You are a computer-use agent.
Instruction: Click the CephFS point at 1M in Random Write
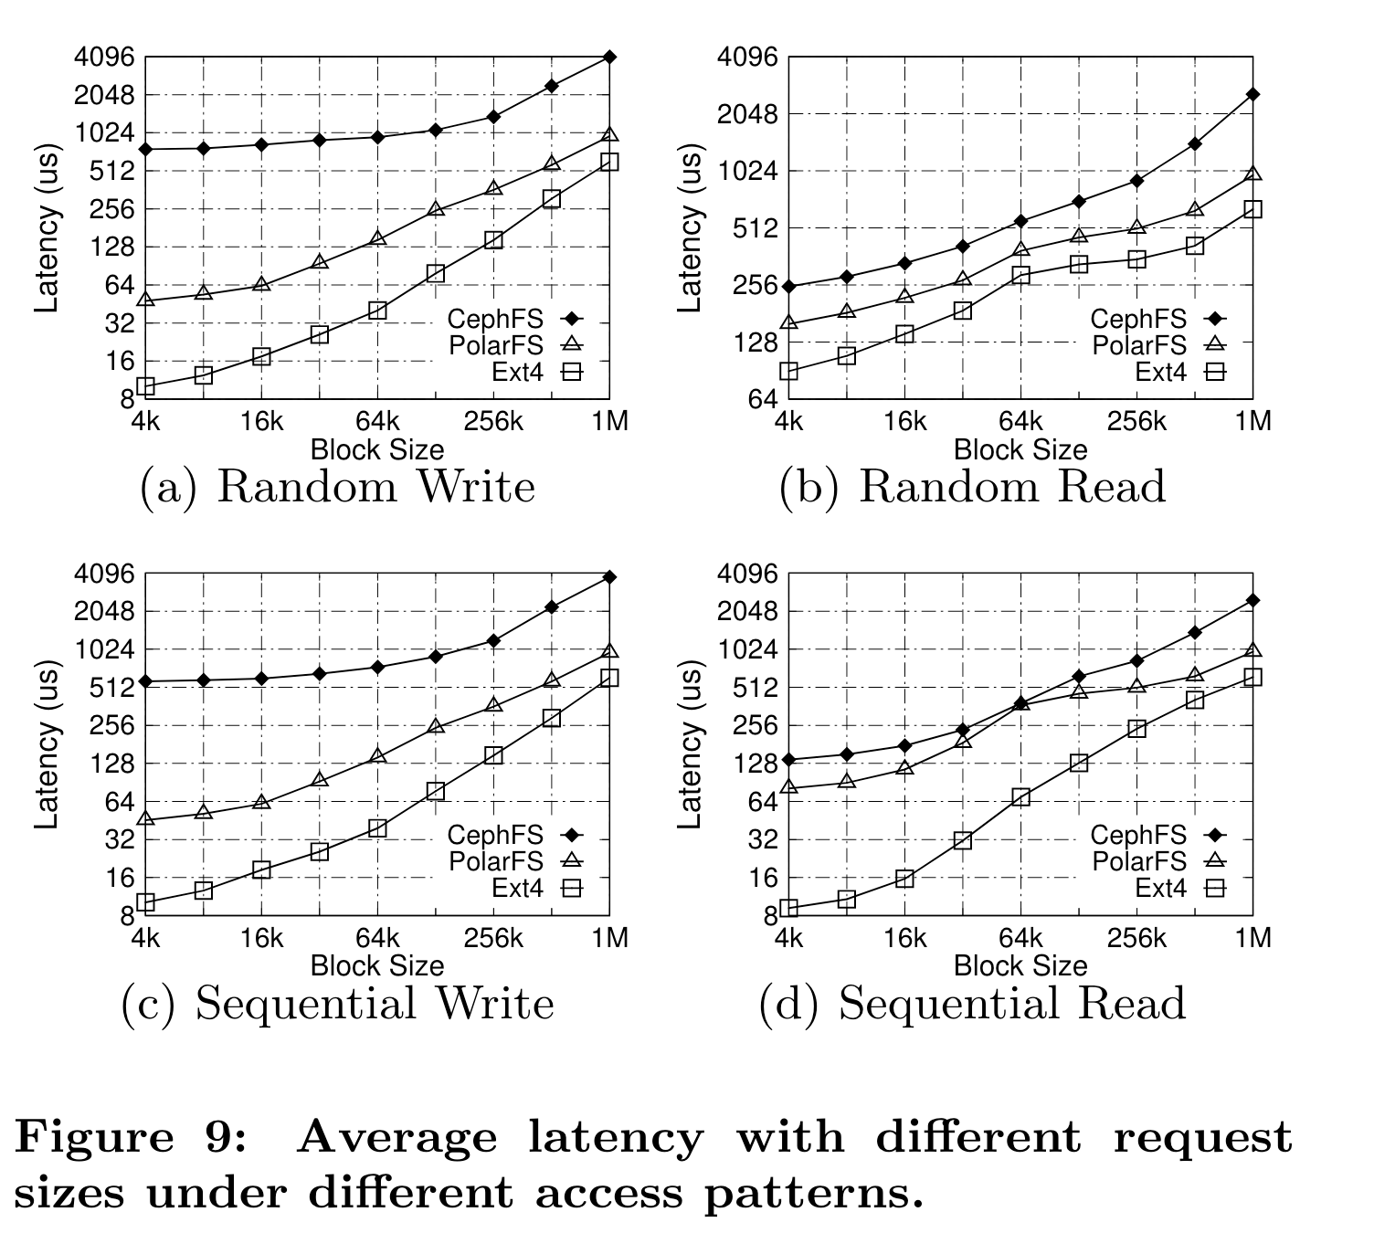(x=609, y=58)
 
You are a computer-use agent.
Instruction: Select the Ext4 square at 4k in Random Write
(x=146, y=386)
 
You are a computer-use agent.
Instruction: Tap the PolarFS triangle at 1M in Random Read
(x=1252, y=174)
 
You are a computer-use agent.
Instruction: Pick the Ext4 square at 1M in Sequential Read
(x=1252, y=677)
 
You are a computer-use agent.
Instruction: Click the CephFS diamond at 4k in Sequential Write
(x=146, y=681)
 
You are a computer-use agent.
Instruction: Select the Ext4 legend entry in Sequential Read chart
(x=1161, y=887)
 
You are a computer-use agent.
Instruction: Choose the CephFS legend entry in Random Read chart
(x=1138, y=319)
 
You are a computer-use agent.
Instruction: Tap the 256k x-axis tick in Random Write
(x=494, y=421)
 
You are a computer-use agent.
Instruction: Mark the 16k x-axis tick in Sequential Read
(x=904, y=938)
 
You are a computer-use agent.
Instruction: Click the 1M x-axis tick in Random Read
(x=1252, y=421)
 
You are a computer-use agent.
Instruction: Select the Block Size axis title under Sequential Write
(x=377, y=965)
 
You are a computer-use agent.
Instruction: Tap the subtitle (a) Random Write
(x=337, y=487)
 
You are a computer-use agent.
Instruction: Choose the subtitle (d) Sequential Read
(x=972, y=1004)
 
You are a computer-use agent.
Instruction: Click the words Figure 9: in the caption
(x=130, y=1138)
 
